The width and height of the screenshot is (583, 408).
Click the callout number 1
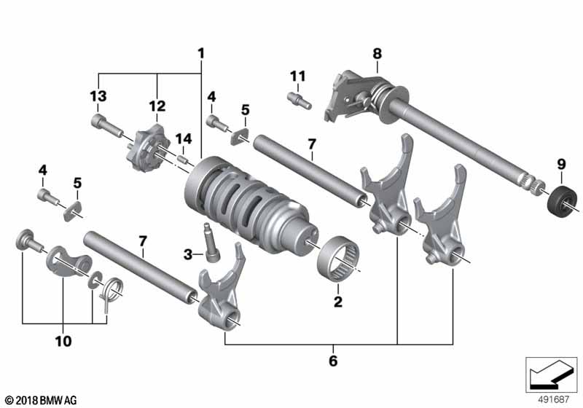(201, 53)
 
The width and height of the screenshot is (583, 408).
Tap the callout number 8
(377, 53)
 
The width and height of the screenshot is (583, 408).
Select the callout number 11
(298, 76)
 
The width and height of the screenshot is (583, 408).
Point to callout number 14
(184, 138)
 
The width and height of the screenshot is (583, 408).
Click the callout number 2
(338, 302)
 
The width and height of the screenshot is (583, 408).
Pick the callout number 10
(63, 341)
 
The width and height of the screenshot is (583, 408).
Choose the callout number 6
(333, 361)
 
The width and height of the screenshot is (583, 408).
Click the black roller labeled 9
(563, 200)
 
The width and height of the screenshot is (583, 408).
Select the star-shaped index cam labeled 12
(148, 152)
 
